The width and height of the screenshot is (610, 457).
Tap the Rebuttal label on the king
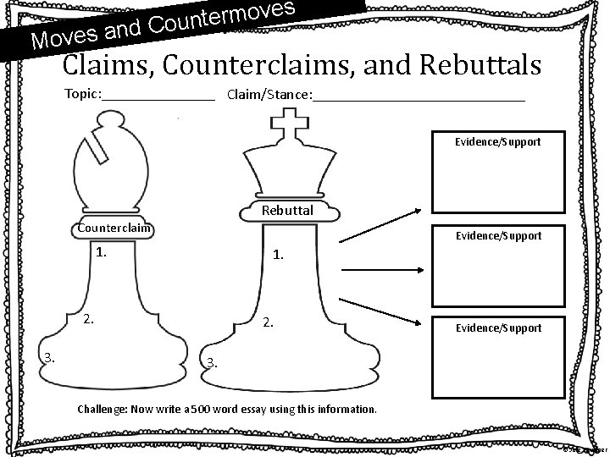point(287,210)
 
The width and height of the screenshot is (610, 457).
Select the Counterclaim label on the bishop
point(114,228)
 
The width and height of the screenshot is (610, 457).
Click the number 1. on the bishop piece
point(103,251)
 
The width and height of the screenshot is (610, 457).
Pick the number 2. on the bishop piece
point(88,321)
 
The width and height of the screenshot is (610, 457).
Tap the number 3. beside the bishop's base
point(50,356)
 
